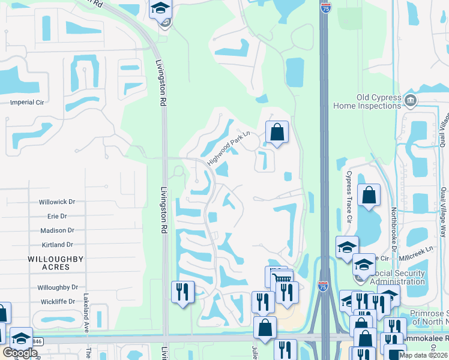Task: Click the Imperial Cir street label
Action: (27, 103)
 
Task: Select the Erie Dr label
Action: (56, 216)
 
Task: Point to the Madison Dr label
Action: (57, 230)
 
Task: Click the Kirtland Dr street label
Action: (57, 245)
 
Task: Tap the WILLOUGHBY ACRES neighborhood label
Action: (55, 263)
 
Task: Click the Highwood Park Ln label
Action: (228, 148)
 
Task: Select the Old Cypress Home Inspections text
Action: (370, 101)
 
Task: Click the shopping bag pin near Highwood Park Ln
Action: (277, 132)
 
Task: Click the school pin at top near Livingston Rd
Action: (160, 8)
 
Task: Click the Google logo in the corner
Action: (20, 353)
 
